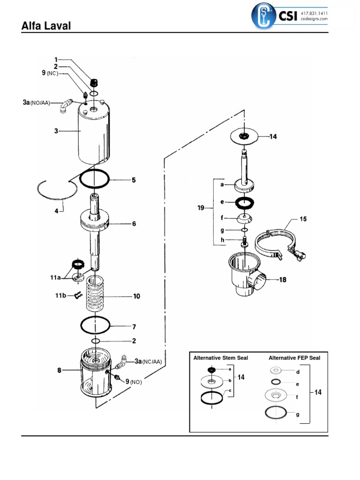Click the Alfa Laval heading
pyautogui.click(x=46, y=26)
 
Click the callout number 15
pyautogui.click(x=303, y=219)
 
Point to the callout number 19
pyautogui.click(x=201, y=208)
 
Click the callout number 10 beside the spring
pyautogui.click(x=136, y=296)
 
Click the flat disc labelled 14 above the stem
pyautogui.click(x=244, y=136)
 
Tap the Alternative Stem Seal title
pyautogui.click(x=221, y=358)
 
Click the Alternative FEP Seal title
pyautogui.click(x=294, y=358)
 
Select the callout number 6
pyautogui.click(x=134, y=224)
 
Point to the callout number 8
pyautogui.click(x=60, y=370)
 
